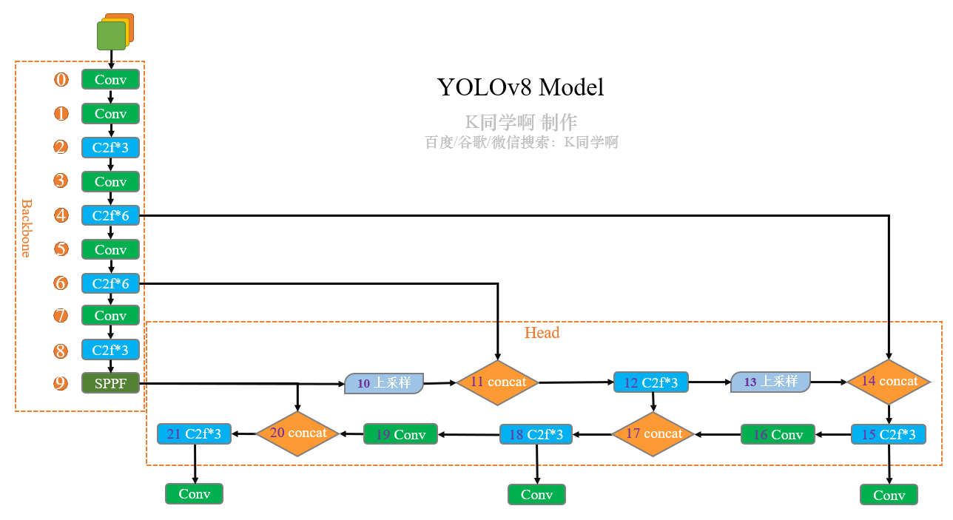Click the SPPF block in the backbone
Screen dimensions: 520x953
110,383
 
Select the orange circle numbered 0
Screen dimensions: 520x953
61,79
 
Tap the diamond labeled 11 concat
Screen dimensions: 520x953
497,382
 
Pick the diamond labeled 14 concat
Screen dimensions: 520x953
889,382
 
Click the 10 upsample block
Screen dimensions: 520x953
383,383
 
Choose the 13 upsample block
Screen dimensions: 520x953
770,382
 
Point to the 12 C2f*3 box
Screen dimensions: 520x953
651,382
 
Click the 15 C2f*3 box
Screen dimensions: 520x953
888,434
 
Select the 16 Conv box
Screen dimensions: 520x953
778,434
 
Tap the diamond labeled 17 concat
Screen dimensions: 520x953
653,433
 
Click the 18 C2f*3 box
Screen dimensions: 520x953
536,434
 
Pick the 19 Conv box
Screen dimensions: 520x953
400,434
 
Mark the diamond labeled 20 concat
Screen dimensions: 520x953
297,433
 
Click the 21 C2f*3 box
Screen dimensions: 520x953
194,433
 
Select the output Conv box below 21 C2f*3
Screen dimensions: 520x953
194,493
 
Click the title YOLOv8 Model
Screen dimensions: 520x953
520,87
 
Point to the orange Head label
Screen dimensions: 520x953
542,333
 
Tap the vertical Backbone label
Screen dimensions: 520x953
26,228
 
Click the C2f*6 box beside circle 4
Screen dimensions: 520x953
110,215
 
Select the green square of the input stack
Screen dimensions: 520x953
111,36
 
